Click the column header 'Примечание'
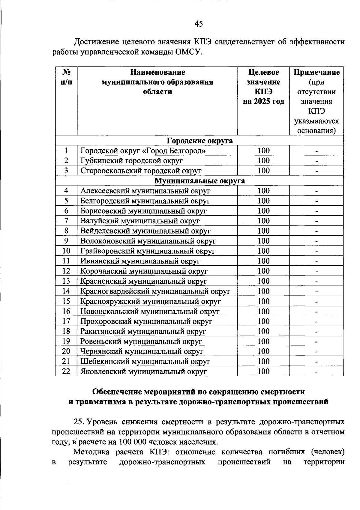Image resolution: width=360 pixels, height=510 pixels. tap(316, 72)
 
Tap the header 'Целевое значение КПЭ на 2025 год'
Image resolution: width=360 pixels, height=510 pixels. tap(263, 87)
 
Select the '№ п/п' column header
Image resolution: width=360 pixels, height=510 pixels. tap(66, 77)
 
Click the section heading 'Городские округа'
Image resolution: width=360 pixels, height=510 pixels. tap(199, 141)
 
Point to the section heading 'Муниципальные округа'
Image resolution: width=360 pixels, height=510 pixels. tap(199, 181)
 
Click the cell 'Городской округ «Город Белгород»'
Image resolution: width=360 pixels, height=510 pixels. tap(143, 151)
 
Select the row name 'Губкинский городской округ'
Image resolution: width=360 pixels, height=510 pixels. tap(131, 161)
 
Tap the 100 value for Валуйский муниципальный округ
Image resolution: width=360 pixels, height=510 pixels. tap(264, 221)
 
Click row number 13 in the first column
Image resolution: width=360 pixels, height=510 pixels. tap(66, 281)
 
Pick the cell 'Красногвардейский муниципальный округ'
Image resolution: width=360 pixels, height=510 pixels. tap(155, 291)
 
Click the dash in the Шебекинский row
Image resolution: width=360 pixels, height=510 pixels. tap(316, 362)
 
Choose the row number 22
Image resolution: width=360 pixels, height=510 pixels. tap(66, 371)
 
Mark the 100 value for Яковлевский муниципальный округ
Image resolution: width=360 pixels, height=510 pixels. tap(264, 371)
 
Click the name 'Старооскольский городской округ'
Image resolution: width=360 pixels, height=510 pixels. tap(141, 171)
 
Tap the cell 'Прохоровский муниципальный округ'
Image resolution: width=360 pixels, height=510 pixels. tap(146, 321)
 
